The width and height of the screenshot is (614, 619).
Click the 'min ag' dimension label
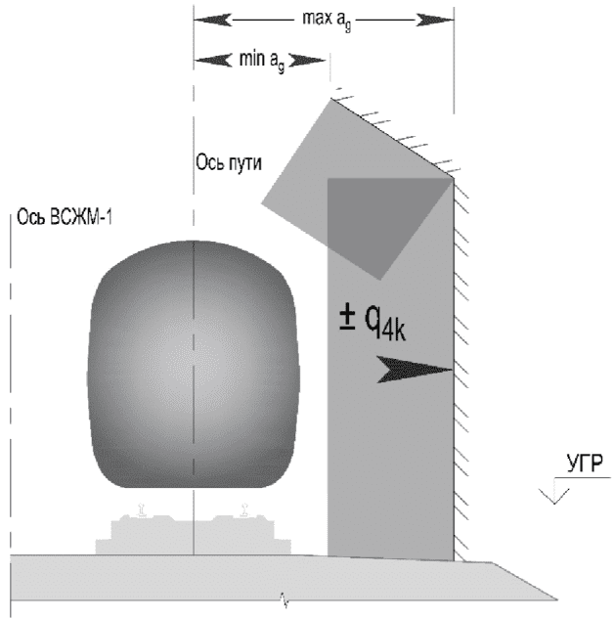coord(259,60)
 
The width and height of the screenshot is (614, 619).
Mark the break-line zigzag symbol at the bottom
coord(285,594)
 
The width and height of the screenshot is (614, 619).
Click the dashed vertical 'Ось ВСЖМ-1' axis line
coord(11,391)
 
